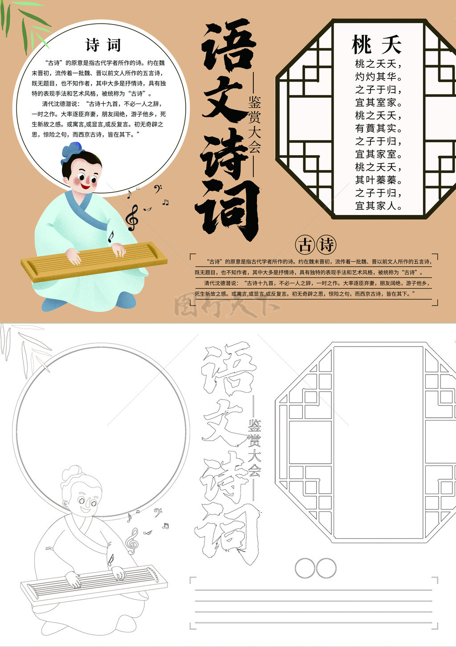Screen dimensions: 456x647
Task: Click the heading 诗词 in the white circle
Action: [x=103, y=45]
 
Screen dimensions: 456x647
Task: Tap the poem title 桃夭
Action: [x=376, y=45]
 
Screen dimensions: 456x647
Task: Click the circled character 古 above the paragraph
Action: [x=305, y=245]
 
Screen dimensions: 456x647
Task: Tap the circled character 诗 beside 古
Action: [x=326, y=245]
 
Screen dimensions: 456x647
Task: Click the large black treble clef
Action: [x=132, y=218]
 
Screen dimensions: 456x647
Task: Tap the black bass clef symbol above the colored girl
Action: [x=158, y=189]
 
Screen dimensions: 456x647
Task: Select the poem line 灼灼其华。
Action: [x=378, y=77]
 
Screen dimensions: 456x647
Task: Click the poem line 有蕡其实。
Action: [x=378, y=128]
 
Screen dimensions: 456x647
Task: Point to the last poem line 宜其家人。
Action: [x=378, y=206]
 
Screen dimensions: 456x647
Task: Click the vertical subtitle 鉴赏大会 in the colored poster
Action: [x=254, y=124]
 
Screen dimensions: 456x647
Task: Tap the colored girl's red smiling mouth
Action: [x=85, y=185]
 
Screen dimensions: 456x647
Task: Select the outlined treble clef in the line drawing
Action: [x=132, y=541]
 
